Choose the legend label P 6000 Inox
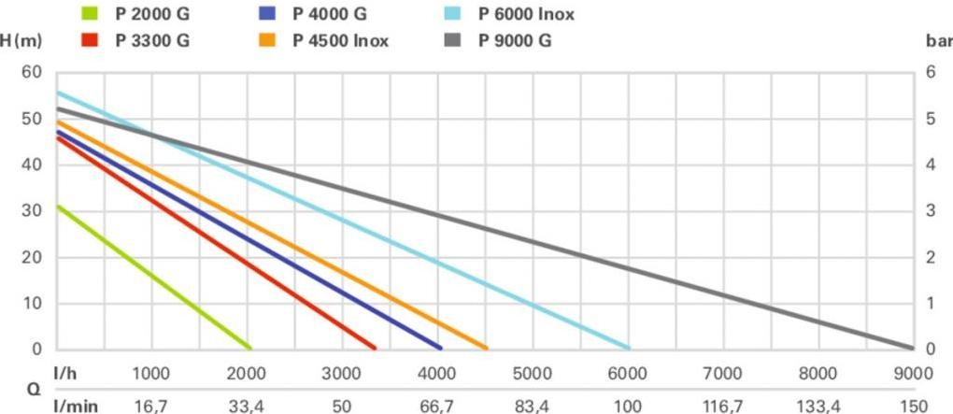tap(526, 14)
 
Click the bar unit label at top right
tap(937, 41)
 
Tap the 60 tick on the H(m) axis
tap(32, 73)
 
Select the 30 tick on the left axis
tap(32, 211)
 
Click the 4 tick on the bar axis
tap(930, 165)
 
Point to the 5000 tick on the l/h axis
tap(533, 374)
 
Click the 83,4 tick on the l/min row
tap(533, 406)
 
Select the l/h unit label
tap(66, 374)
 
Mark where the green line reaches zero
tap(249, 348)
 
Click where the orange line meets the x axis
tap(486, 348)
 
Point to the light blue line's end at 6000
tap(628, 348)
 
